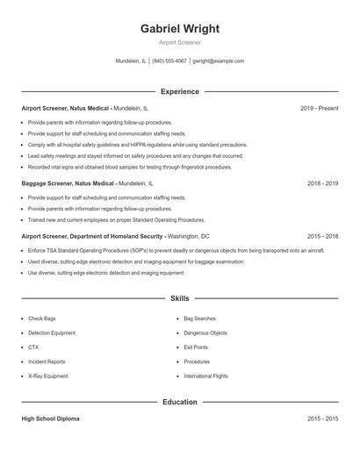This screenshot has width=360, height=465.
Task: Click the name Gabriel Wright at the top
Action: [x=180, y=28]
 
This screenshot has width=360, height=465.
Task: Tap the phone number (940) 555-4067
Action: [x=169, y=61]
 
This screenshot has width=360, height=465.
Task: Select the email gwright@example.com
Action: [x=219, y=61]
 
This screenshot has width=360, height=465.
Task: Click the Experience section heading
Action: [x=180, y=91]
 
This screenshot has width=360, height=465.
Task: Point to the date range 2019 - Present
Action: [x=319, y=108]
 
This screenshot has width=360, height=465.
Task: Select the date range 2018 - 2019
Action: [x=322, y=184]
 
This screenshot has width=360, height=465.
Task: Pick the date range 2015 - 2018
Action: [x=322, y=236]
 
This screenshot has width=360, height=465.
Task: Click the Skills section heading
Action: [x=180, y=298]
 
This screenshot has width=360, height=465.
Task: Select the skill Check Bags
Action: [x=42, y=318]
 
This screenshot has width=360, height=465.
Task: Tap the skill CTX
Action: [x=33, y=347]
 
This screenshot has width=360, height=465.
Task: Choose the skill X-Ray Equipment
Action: [x=47, y=376]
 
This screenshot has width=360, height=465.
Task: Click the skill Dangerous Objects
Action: [x=205, y=333]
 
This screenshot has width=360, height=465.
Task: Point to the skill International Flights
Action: [x=205, y=376]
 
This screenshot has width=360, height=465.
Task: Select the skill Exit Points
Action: [x=196, y=347]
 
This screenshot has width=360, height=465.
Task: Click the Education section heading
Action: [x=180, y=402]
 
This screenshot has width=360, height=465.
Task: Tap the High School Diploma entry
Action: [x=50, y=419]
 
